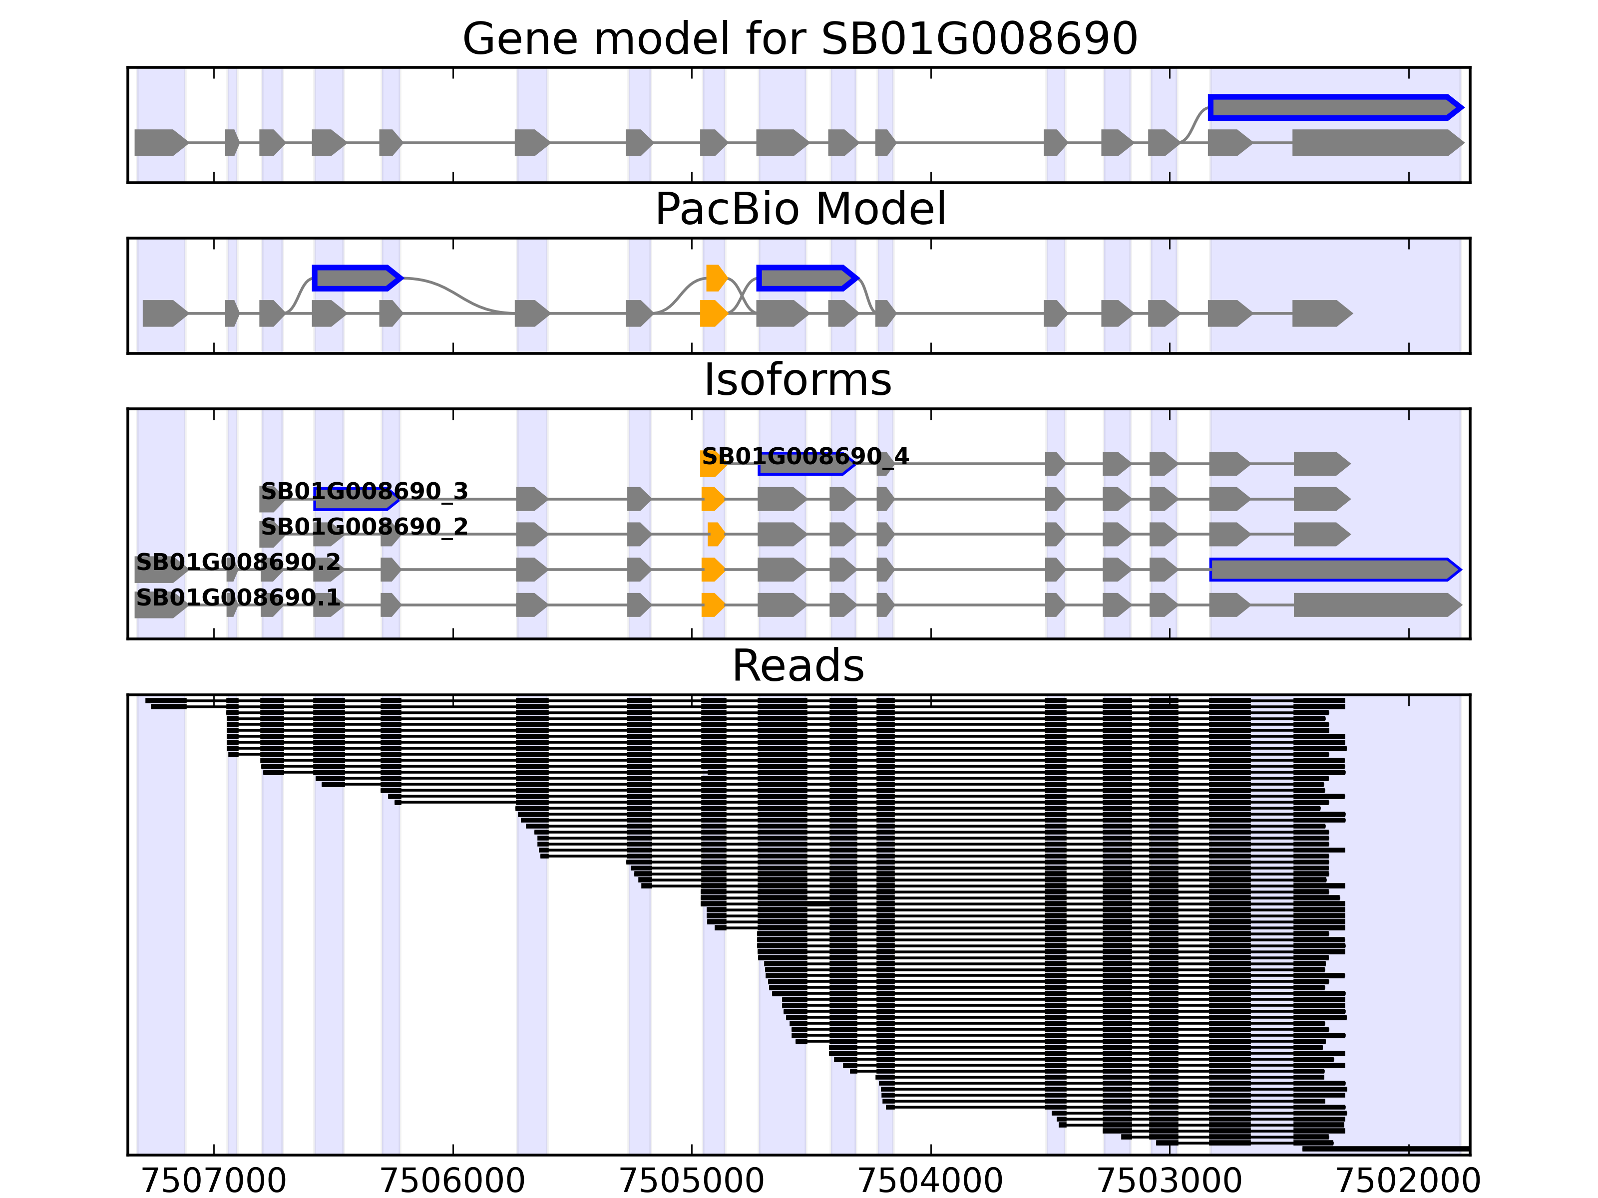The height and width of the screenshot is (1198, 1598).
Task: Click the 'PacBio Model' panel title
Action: tap(799, 210)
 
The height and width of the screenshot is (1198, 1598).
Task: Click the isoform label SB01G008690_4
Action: tap(805, 456)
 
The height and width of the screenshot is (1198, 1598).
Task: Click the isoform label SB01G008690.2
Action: tap(238, 562)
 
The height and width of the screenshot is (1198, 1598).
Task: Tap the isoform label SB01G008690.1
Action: tap(238, 597)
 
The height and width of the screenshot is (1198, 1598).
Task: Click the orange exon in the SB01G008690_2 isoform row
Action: tap(715, 535)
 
